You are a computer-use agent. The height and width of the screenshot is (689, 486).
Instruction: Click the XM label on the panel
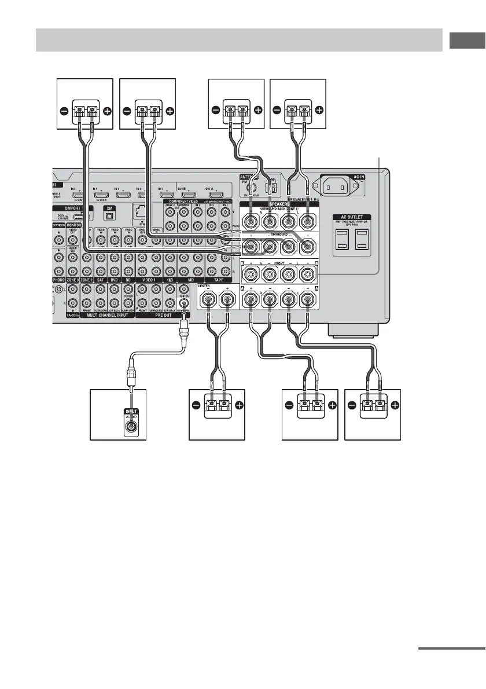tap(108, 207)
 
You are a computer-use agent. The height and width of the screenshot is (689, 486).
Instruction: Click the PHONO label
tap(59, 280)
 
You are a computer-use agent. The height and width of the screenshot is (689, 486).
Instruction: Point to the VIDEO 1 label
tap(149, 280)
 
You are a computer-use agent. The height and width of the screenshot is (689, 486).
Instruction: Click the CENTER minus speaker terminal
tap(207, 300)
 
